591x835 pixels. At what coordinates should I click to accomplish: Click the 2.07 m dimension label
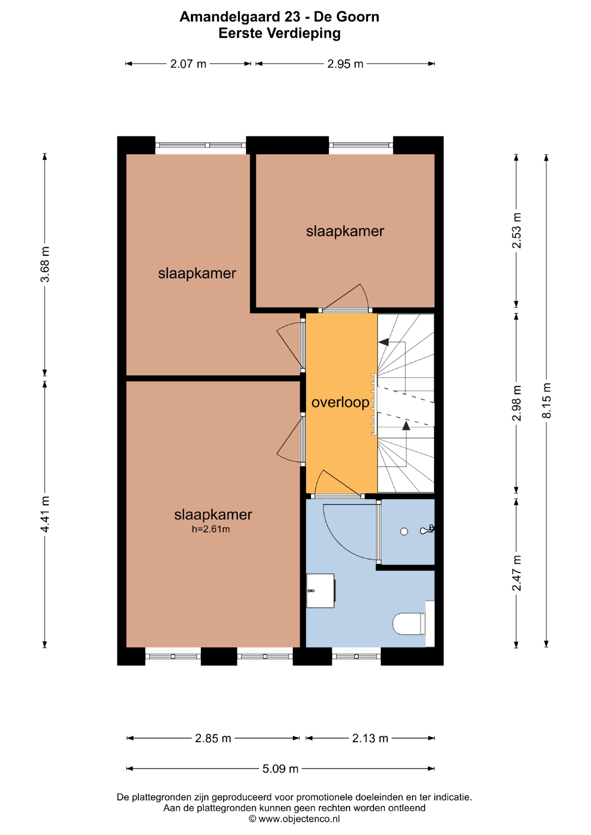click(x=188, y=64)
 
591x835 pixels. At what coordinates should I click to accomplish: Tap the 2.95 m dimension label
click(x=345, y=64)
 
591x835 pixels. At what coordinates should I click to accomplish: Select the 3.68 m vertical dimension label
click(x=45, y=265)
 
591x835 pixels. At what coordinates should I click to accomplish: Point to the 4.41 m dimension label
click(x=45, y=514)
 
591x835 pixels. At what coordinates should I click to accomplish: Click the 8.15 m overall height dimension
click(x=547, y=401)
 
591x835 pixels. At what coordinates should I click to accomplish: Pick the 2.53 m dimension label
click(x=516, y=231)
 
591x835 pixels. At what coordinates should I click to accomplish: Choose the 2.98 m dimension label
click(x=516, y=403)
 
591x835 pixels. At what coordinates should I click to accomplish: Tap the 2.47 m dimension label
click(x=516, y=573)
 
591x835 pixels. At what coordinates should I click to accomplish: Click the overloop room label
click(x=340, y=403)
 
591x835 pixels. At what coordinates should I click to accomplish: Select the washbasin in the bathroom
click(x=320, y=591)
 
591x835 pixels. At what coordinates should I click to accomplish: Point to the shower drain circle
click(x=404, y=532)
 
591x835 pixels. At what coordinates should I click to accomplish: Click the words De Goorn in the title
click(x=347, y=17)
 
